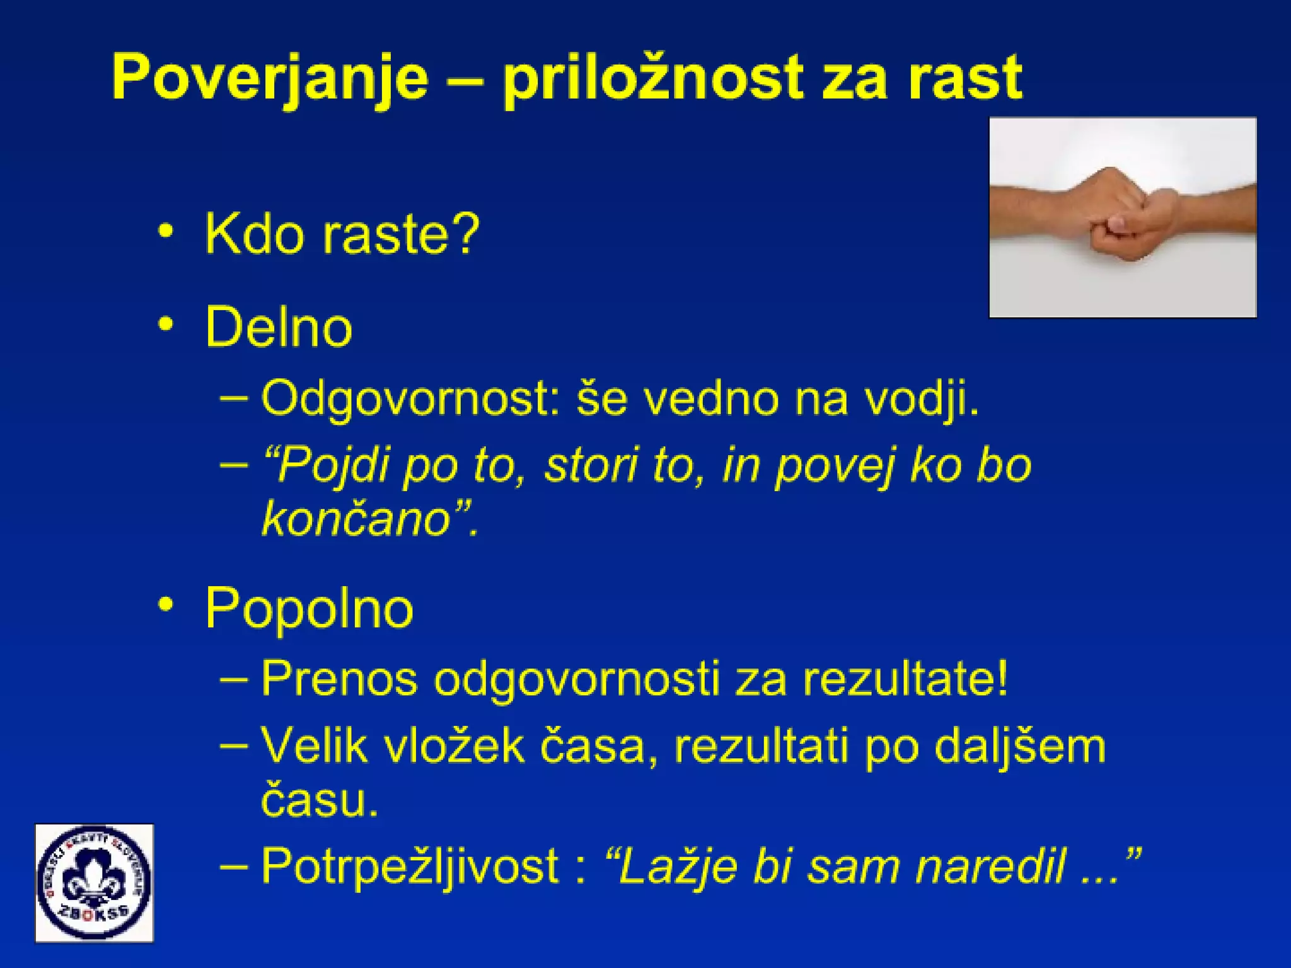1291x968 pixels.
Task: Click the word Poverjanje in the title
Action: click(x=270, y=79)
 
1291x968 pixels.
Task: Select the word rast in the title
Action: click(x=964, y=79)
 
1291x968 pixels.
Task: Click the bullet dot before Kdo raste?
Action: click(x=166, y=231)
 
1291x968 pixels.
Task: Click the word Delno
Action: click(x=278, y=326)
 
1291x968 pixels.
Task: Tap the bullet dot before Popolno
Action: click(x=166, y=605)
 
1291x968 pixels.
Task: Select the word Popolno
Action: click(x=309, y=608)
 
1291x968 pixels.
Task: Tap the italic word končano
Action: click(x=356, y=519)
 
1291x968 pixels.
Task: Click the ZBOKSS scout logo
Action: click(x=95, y=883)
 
